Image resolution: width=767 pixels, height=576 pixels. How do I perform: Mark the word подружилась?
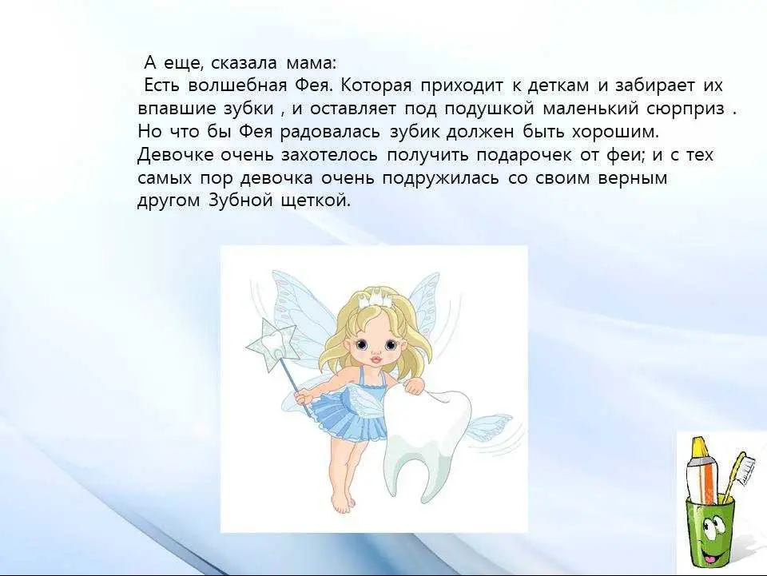tap(440, 178)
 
